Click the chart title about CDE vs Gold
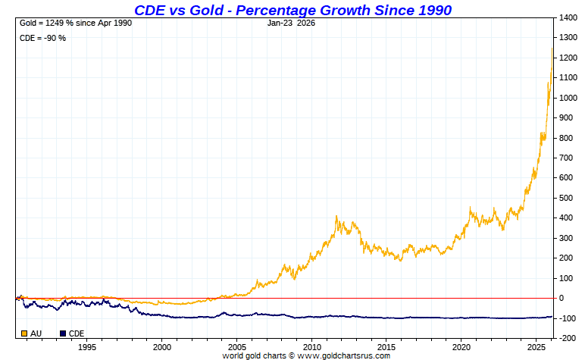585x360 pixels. (292, 10)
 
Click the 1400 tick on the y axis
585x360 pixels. (569, 17)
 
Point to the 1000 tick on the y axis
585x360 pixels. (569, 98)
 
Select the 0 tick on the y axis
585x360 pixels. (562, 298)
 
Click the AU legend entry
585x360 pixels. (36, 333)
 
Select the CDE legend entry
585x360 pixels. (77, 333)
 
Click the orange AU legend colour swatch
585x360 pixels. (25, 333)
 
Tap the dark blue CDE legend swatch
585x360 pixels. (63, 333)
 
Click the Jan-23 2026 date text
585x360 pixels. (291, 23)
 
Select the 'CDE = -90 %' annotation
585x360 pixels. (42, 37)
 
